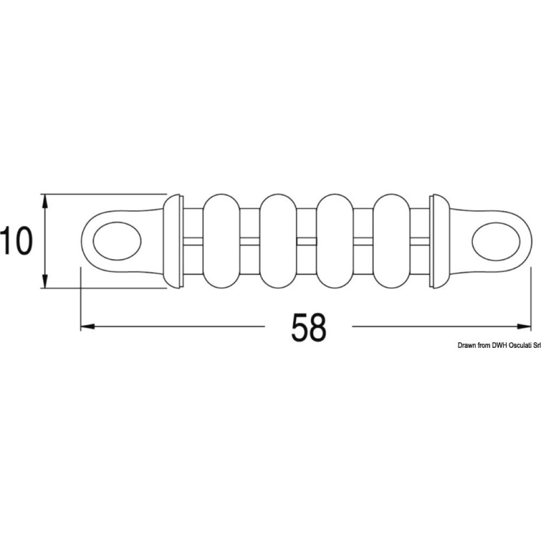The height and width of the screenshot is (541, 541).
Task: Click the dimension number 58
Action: tap(308, 327)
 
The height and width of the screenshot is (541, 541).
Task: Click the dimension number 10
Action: tap(16, 241)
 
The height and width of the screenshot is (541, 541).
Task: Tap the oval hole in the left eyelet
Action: tap(117, 241)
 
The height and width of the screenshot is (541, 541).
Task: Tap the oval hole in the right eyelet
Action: tap(496, 241)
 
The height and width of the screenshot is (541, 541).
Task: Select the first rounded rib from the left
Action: tap(221, 241)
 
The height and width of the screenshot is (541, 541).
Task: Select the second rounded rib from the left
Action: tap(278, 241)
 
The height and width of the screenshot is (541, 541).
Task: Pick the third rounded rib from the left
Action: tap(335, 241)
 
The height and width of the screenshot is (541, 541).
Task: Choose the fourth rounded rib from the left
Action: tap(392, 241)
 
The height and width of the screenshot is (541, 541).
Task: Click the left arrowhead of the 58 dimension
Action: tap(87, 326)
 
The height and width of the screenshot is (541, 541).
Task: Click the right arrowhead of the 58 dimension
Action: tap(523, 326)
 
